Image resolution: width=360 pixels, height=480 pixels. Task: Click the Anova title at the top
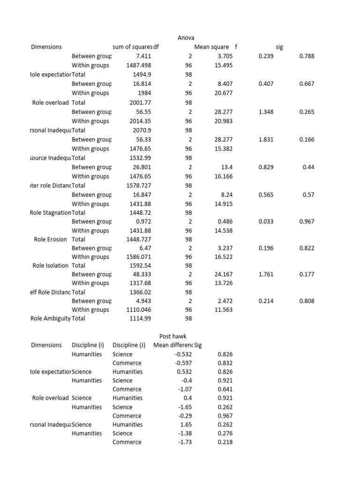click(x=186, y=37)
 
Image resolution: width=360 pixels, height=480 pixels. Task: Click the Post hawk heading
click(x=173, y=336)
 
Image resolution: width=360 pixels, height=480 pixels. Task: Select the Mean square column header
click(x=211, y=47)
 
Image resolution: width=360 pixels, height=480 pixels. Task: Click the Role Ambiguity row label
click(x=50, y=318)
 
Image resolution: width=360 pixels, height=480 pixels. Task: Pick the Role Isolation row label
click(x=50, y=265)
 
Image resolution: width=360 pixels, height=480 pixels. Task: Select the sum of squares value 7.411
click(x=142, y=56)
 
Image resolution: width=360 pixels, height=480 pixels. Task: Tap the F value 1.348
click(x=266, y=112)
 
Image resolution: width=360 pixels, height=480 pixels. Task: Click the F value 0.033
click(x=266, y=221)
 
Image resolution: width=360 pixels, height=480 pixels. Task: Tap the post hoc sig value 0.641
click(x=225, y=389)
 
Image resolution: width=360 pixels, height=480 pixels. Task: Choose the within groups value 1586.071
click(x=139, y=257)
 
